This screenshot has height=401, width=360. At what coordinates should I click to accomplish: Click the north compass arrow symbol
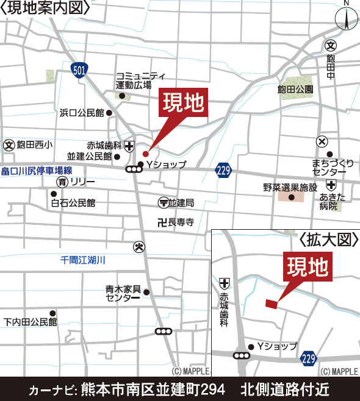click(x=345, y=20)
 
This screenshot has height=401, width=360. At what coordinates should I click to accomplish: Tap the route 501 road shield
click(x=77, y=70)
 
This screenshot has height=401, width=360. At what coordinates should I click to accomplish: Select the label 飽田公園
click(x=295, y=90)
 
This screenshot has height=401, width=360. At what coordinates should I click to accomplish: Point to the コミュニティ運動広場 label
click(x=140, y=80)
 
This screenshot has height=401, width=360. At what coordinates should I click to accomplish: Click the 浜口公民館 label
click(x=82, y=113)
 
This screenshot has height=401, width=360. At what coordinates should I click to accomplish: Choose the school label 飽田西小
click(x=35, y=144)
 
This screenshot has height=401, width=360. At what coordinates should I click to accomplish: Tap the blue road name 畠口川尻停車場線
click(x=37, y=171)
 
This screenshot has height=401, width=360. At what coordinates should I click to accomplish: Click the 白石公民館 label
click(x=73, y=202)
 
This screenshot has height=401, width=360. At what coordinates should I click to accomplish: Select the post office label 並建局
click(x=181, y=202)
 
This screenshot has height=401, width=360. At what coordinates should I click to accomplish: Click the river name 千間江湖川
click(x=83, y=260)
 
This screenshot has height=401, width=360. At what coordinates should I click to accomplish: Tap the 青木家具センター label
click(x=123, y=293)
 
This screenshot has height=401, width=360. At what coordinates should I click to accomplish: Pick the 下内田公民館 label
click(x=29, y=321)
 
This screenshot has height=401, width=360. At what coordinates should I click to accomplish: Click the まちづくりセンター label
click(x=332, y=167)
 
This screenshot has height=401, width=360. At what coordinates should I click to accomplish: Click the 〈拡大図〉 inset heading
click(x=328, y=240)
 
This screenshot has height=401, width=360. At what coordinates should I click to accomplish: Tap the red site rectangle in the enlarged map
click(x=271, y=303)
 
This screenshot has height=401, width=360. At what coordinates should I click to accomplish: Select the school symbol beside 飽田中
click(x=331, y=44)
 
